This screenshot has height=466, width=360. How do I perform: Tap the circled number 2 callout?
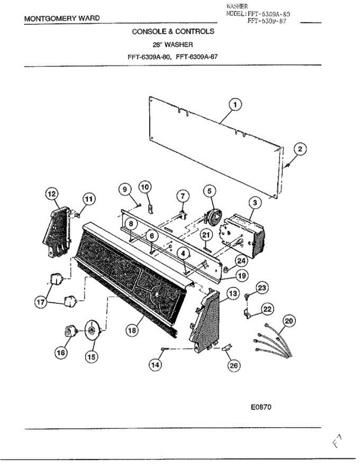click(x=300, y=149)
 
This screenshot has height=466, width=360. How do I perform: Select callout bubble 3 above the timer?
click(x=255, y=202)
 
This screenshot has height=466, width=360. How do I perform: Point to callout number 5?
click(x=209, y=191)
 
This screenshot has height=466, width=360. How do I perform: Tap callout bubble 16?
click(x=61, y=353)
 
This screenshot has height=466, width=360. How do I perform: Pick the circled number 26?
click(x=233, y=366)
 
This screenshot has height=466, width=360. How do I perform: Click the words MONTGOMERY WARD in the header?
click(x=62, y=18)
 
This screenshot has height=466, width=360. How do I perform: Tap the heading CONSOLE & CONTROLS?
click(x=173, y=31)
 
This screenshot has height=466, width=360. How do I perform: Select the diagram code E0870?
click(x=260, y=407)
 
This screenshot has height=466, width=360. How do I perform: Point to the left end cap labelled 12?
click(x=56, y=233)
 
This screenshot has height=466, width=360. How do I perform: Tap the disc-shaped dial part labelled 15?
click(x=92, y=331)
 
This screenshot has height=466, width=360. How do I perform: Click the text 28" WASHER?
click(x=173, y=45)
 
